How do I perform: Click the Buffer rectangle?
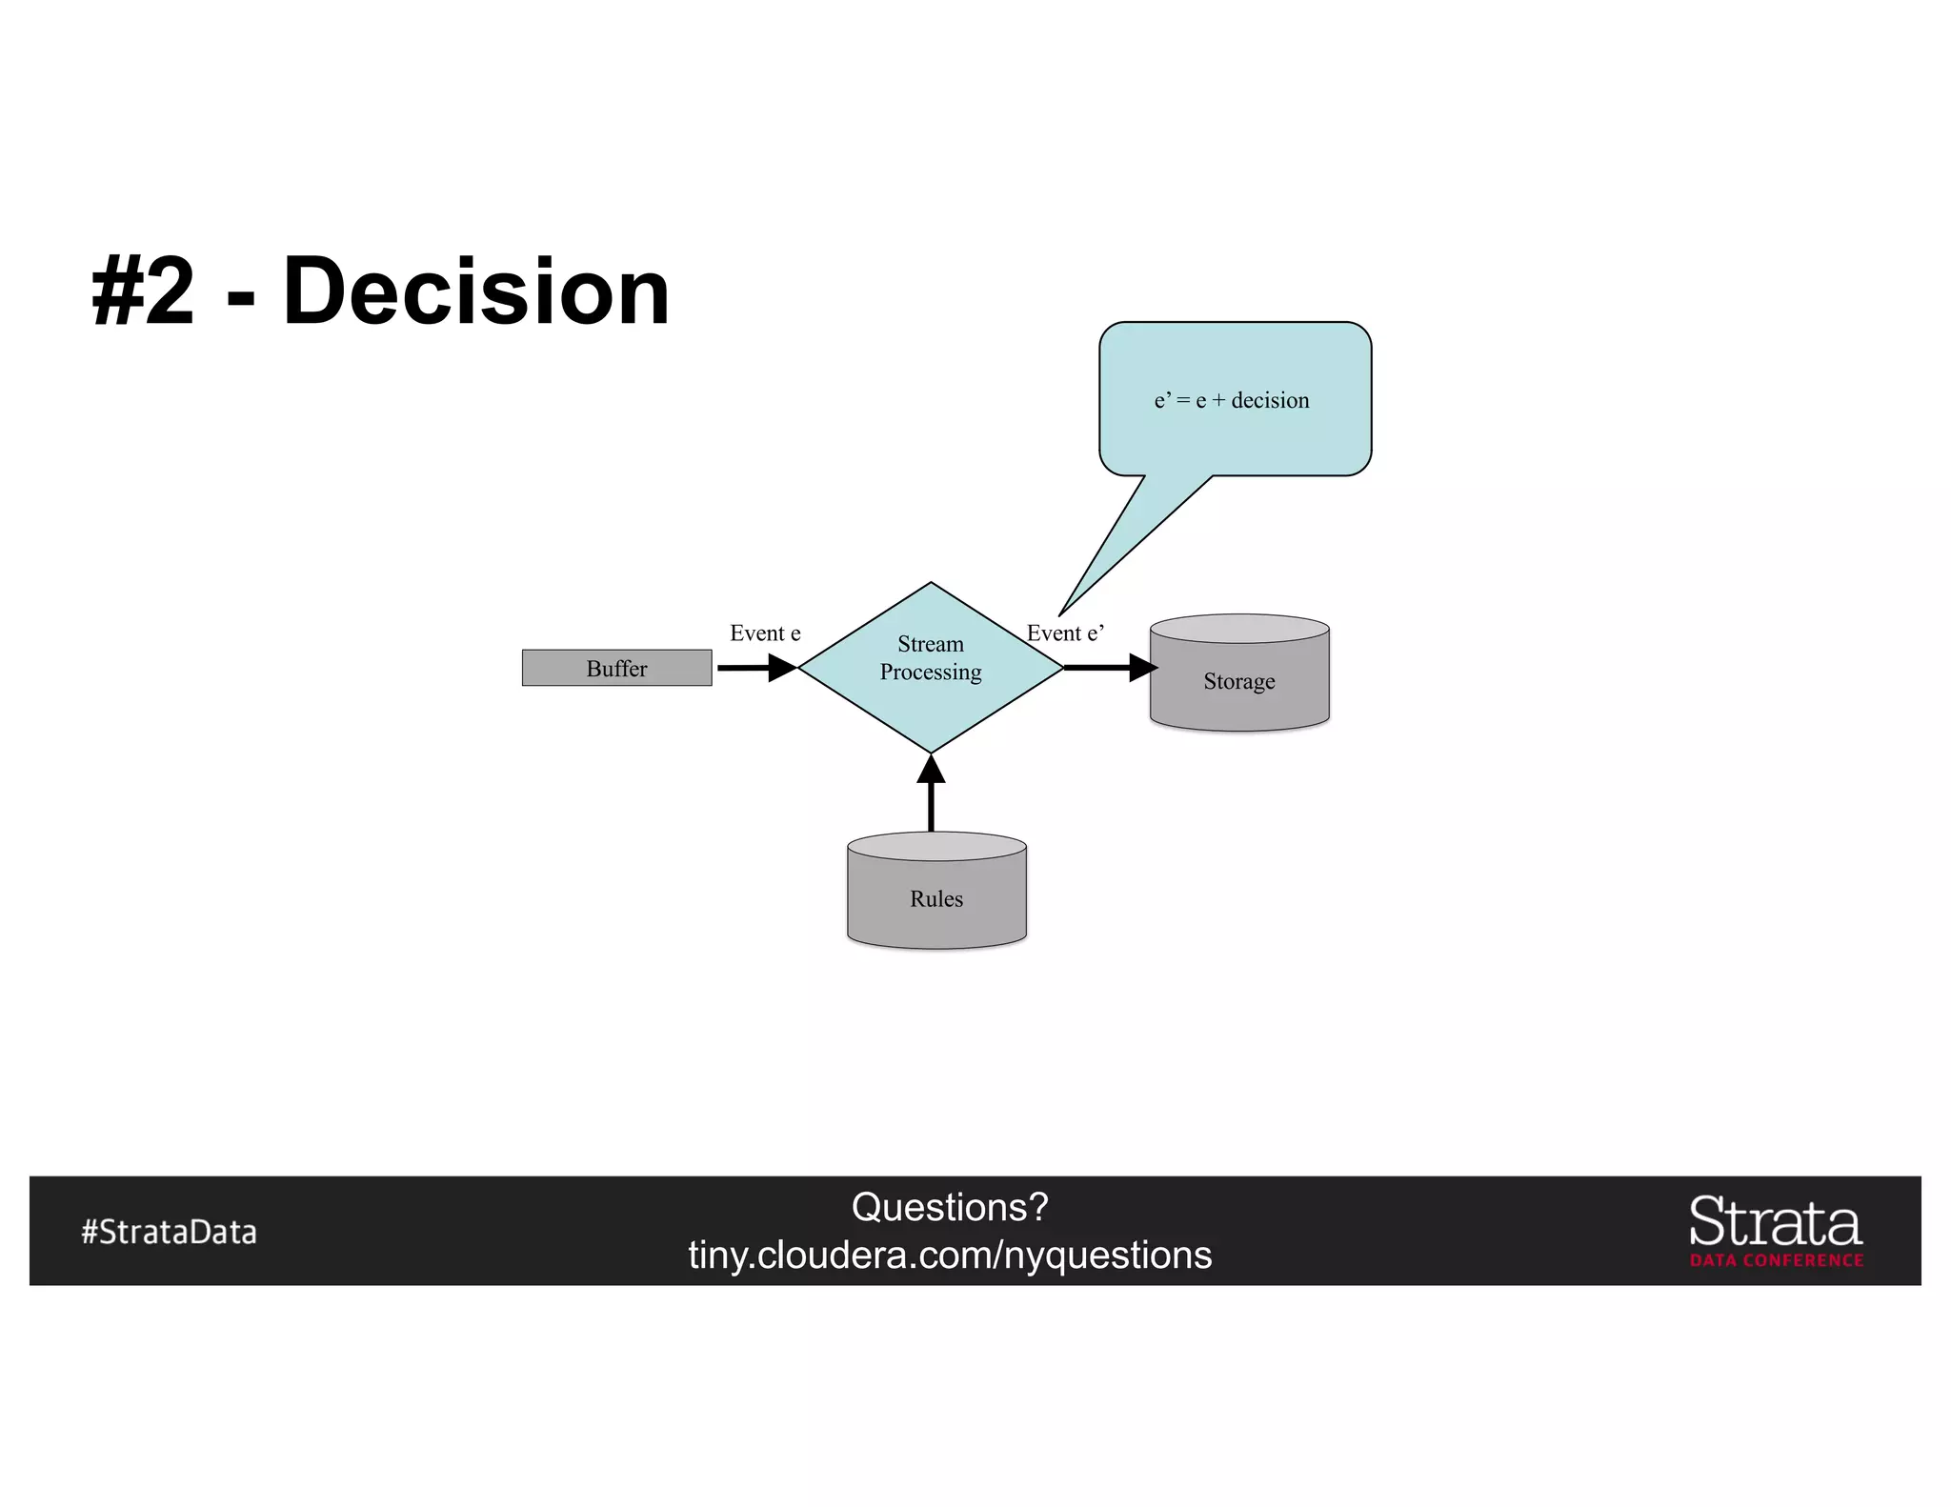click(616, 668)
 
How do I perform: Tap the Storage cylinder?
click(1239, 682)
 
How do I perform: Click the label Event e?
click(765, 633)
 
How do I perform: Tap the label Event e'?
click(1065, 633)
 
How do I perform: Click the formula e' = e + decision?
click(1232, 400)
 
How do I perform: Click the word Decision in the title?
click(476, 291)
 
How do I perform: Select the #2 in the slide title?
click(143, 291)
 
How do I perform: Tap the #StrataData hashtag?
click(169, 1232)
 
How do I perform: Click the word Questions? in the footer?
click(950, 1207)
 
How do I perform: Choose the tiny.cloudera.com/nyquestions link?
click(950, 1256)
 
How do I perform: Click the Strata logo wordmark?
click(1776, 1222)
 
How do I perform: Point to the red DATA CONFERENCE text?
click(1777, 1260)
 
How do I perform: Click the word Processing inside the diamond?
click(931, 673)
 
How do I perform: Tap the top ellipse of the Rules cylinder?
click(936, 846)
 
